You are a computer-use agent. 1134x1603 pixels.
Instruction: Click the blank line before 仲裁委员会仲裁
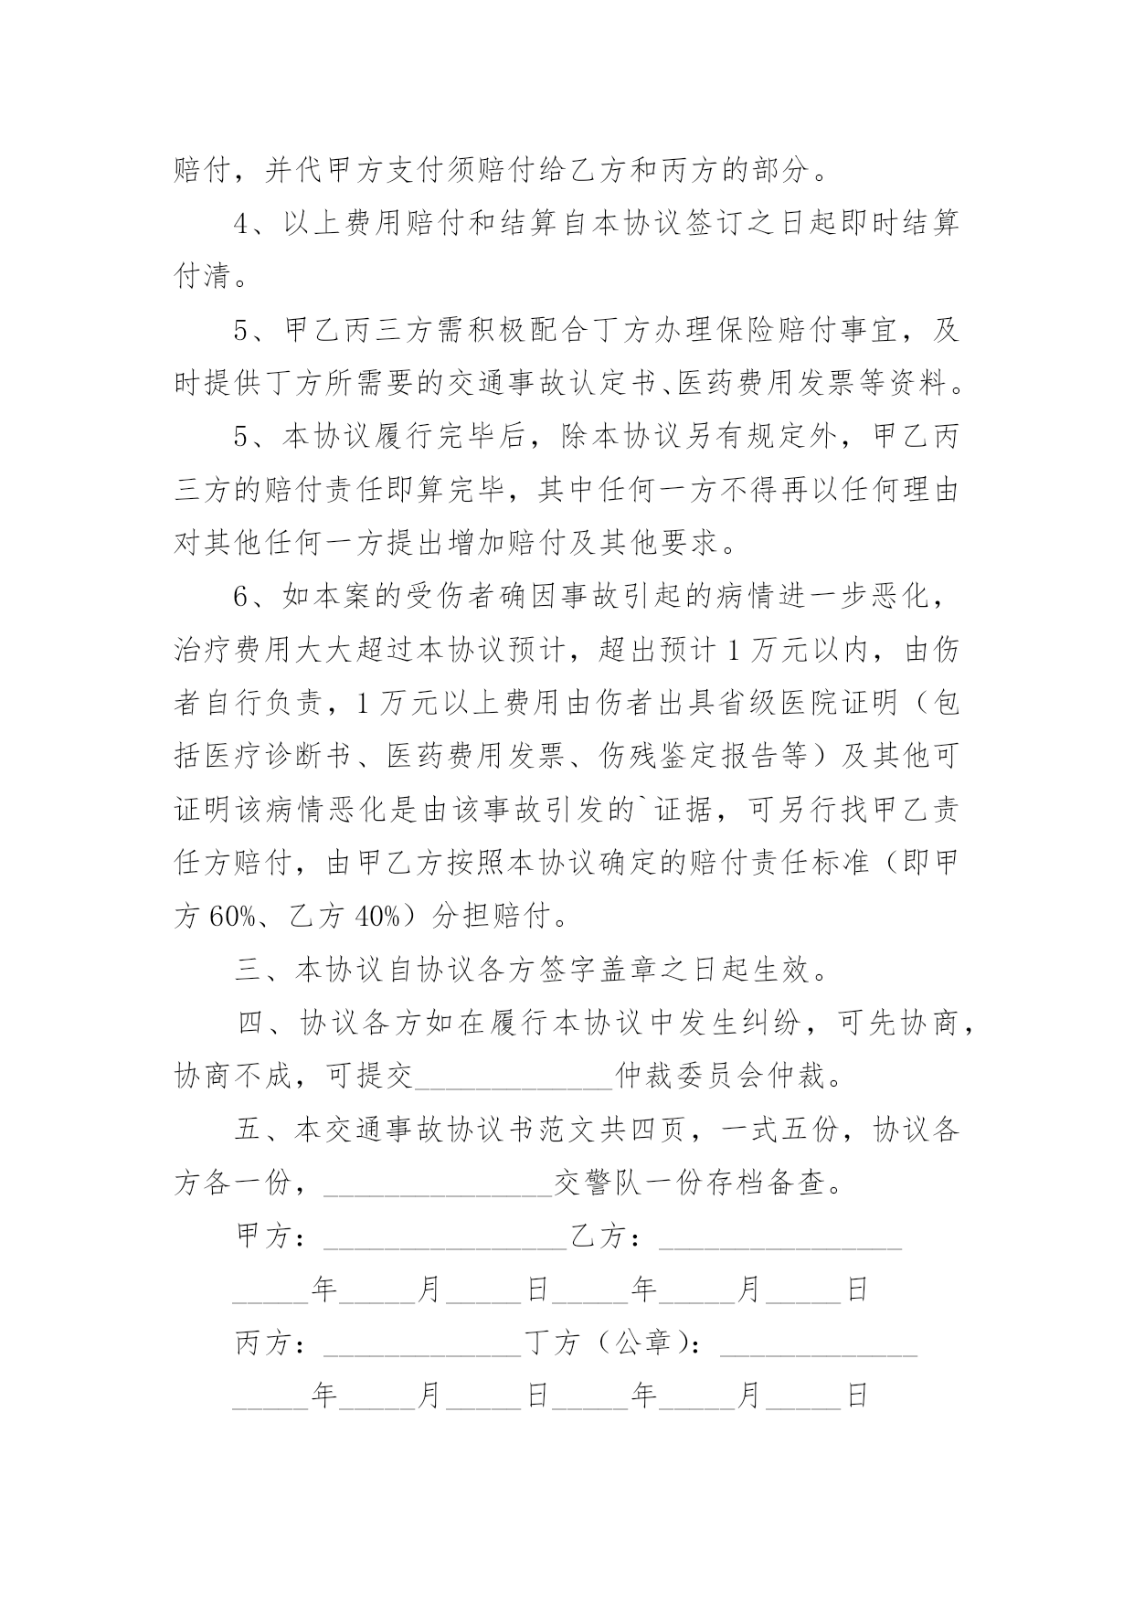(x=514, y=1078)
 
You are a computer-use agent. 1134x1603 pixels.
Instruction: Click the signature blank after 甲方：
(x=445, y=1239)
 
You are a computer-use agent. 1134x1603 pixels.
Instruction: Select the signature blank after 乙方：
(x=779, y=1239)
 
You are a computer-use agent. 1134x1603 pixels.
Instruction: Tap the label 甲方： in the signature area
(x=270, y=1237)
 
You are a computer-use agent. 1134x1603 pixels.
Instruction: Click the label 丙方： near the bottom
(x=270, y=1344)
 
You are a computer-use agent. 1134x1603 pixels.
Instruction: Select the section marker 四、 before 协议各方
(x=264, y=1024)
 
